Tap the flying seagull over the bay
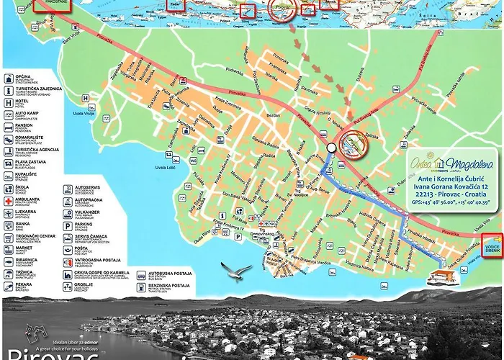(236, 271)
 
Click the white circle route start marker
(330, 148)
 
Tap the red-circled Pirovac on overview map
(282, 9)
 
